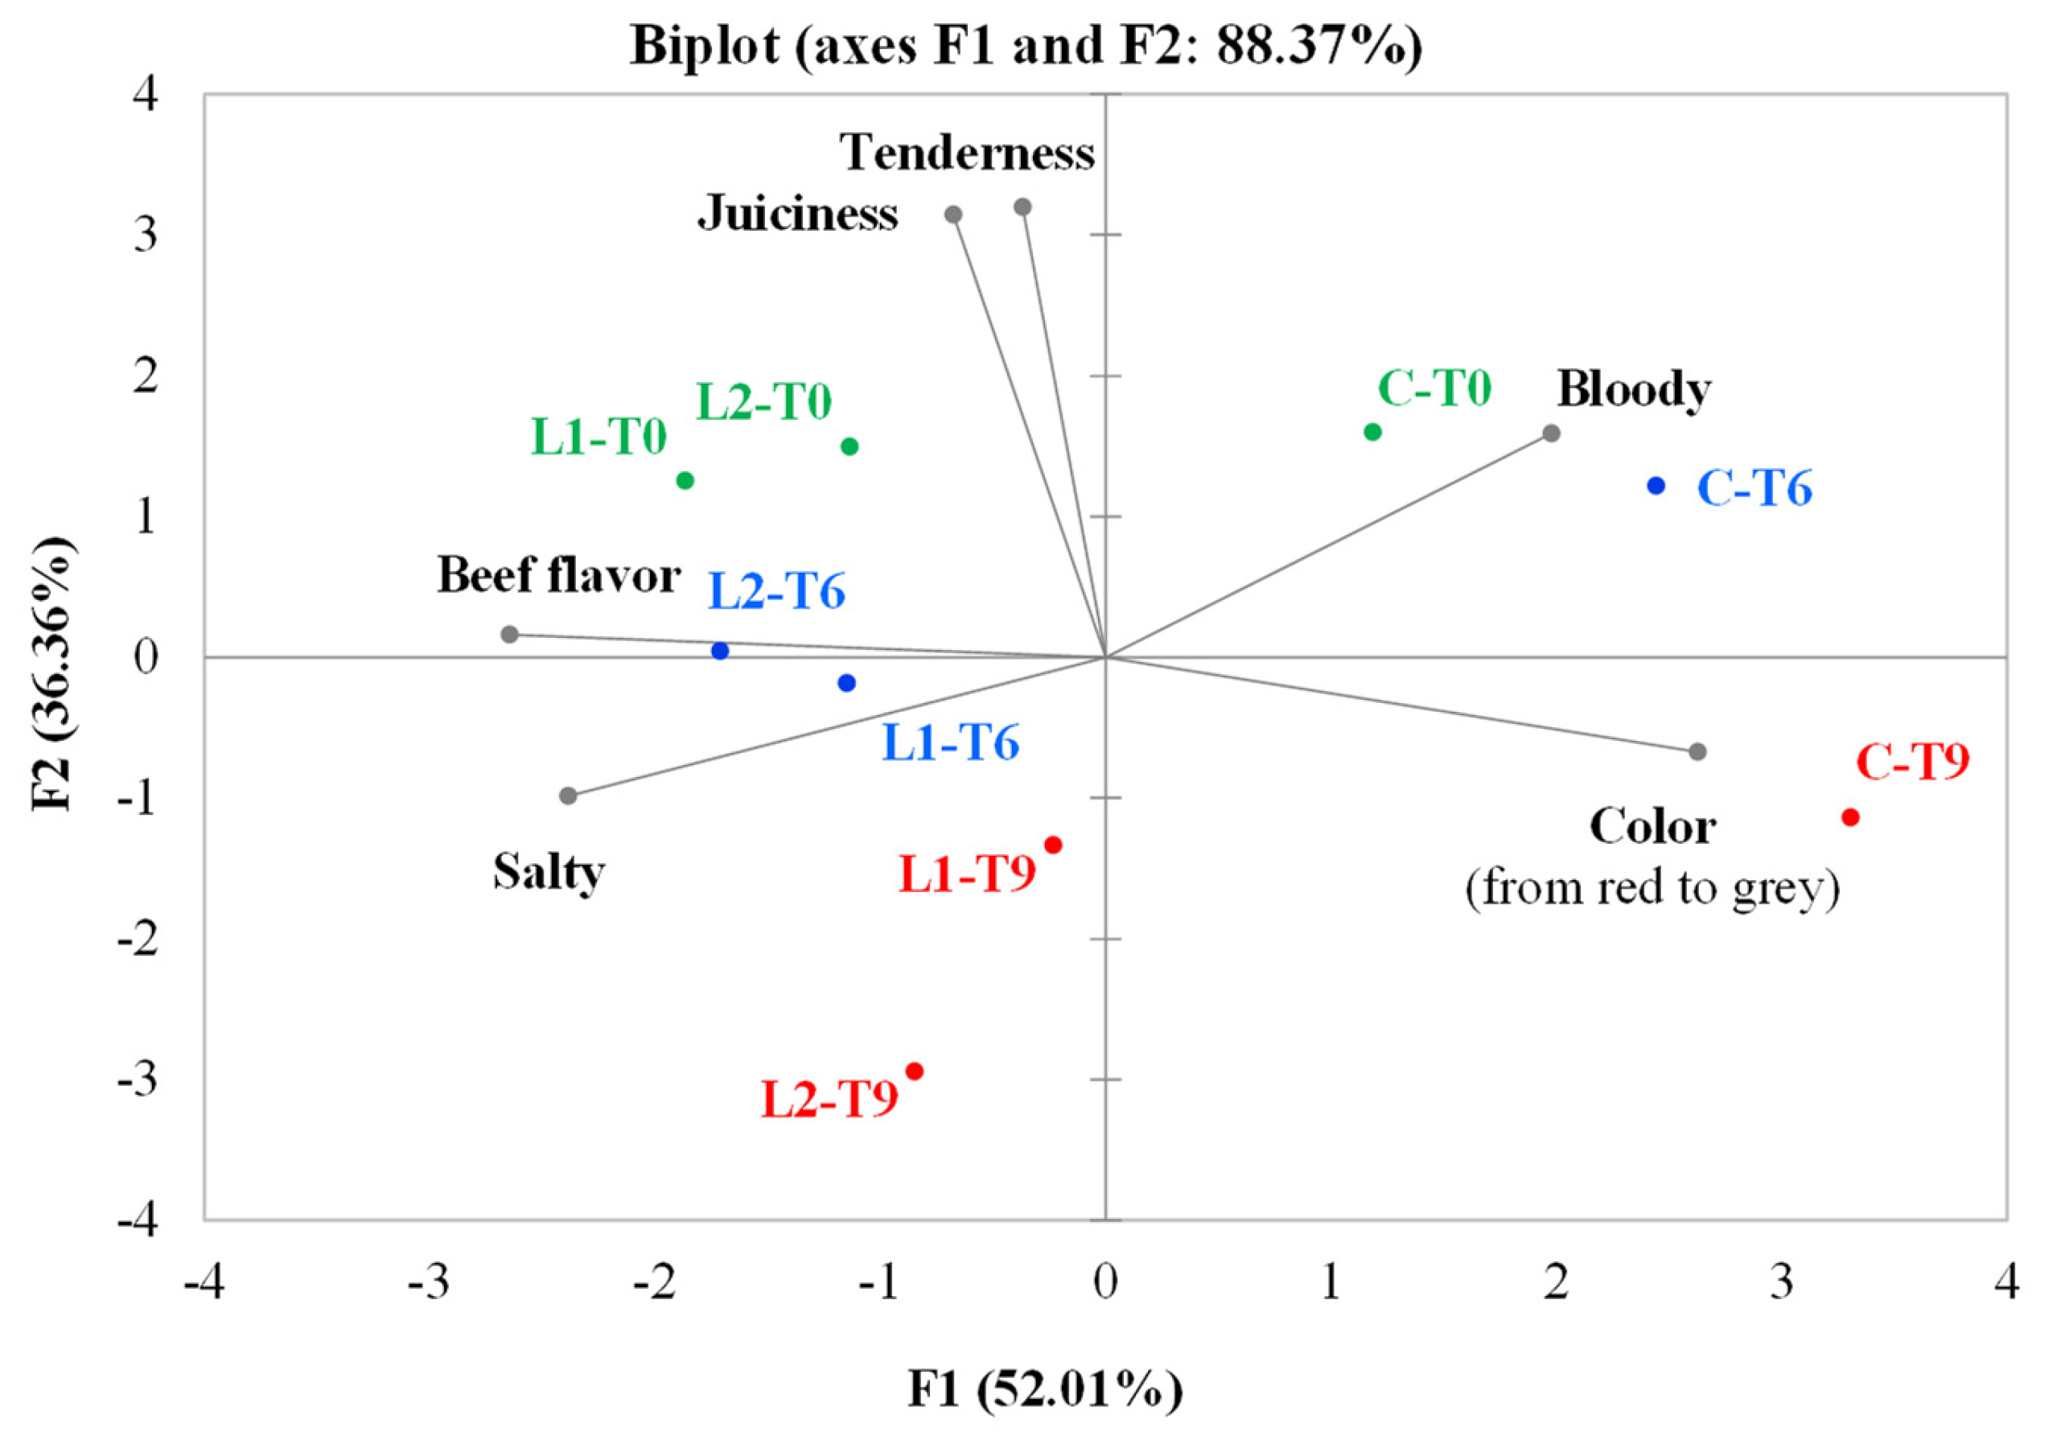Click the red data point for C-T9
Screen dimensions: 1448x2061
(1850, 817)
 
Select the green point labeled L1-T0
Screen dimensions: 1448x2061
(685, 480)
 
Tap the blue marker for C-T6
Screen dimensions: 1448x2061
(1656, 486)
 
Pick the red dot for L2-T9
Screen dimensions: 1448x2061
(915, 1071)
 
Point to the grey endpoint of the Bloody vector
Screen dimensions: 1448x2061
(1551, 434)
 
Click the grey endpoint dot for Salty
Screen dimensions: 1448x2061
(568, 796)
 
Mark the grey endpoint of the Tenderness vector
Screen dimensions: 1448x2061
(1022, 208)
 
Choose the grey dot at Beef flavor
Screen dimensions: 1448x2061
(510, 635)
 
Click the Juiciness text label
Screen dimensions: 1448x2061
(798, 215)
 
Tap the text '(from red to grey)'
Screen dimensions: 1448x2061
(1652, 888)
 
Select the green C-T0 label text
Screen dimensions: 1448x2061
(1434, 389)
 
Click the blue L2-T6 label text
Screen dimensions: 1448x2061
(777, 593)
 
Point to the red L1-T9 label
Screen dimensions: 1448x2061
(968, 874)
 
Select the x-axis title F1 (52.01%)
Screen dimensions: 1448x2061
(1045, 1388)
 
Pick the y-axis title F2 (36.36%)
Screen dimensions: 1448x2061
(52, 673)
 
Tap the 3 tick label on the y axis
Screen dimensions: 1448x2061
(146, 235)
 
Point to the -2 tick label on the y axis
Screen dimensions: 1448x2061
(138, 938)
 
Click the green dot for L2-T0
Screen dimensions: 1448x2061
(849, 446)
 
